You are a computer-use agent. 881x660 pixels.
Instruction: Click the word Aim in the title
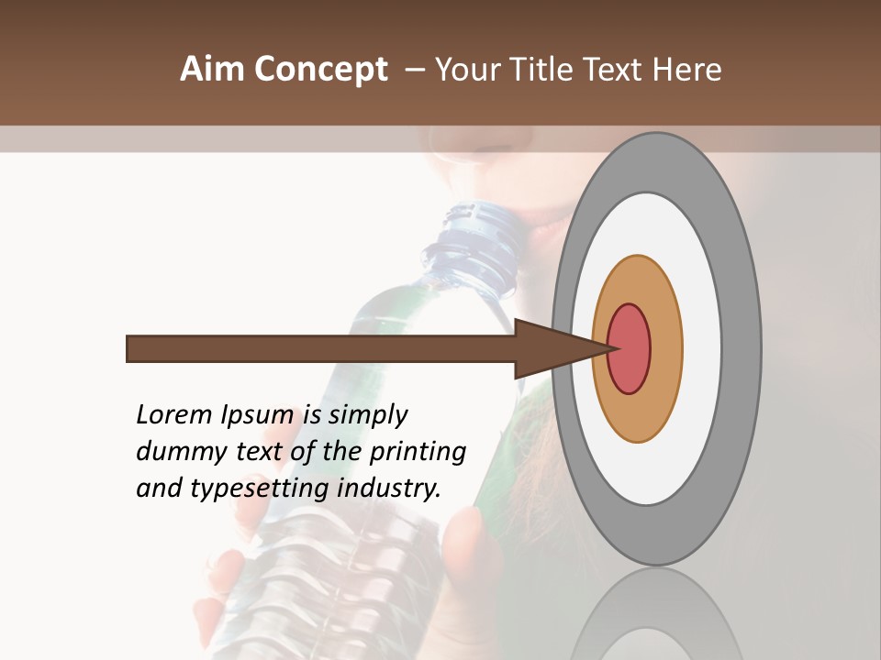coord(214,70)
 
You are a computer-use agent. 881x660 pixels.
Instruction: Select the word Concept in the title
coord(320,70)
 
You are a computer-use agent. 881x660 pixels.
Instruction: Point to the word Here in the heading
coord(686,70)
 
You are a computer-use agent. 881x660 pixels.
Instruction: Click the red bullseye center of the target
coord(629,348)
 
